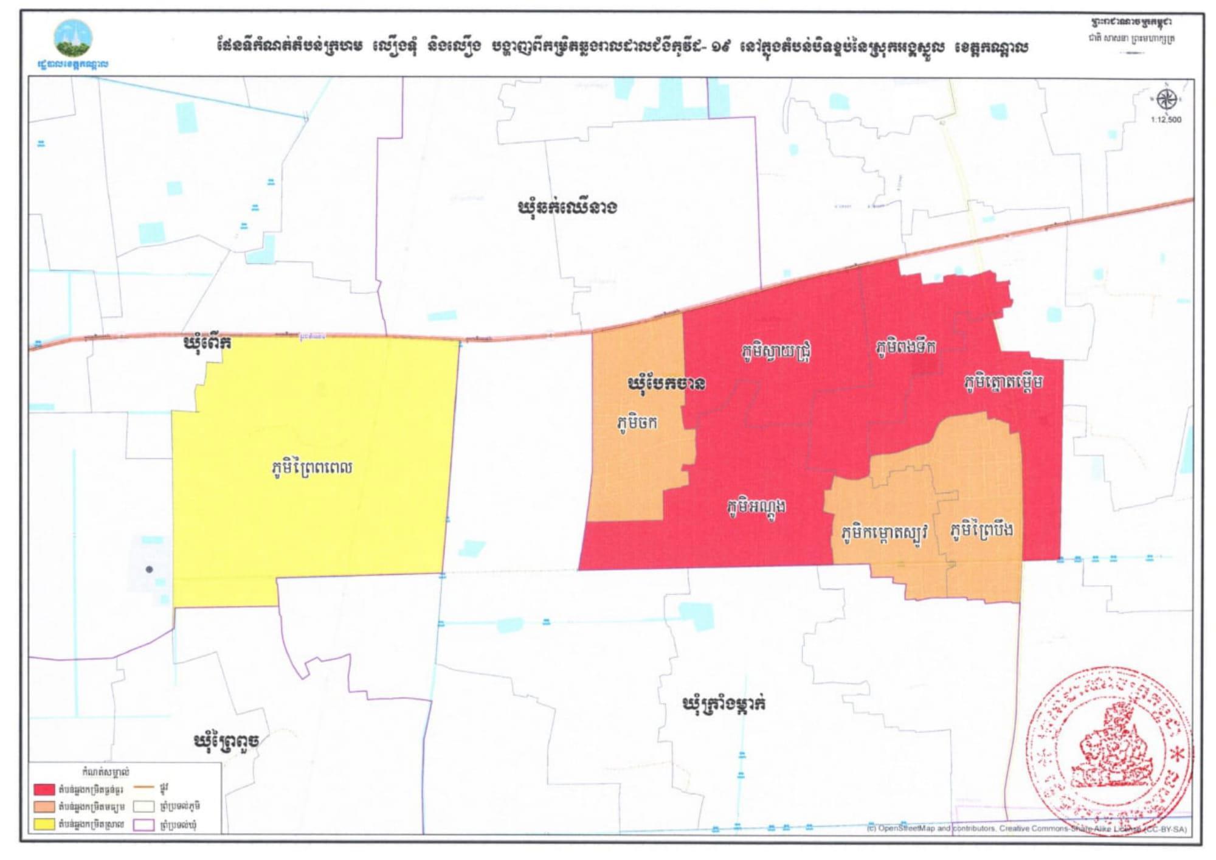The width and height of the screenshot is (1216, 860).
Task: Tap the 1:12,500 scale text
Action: click(1166, 120)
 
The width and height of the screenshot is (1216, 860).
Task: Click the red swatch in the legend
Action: click(44, 789)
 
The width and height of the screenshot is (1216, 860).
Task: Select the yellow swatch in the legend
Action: click(44, 825)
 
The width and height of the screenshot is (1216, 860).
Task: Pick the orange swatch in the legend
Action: click(44, 807)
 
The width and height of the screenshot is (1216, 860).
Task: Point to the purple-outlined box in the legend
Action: click(143, 825)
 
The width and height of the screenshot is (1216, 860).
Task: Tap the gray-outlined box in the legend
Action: click(143, 806)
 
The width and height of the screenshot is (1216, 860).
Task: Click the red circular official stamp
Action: click(1110, 752)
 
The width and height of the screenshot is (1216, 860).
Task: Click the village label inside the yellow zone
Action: click(312, 468)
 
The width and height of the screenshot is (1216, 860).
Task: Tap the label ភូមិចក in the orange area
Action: click(637, 423)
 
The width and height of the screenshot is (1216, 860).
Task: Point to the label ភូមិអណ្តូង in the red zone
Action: click(756, 506)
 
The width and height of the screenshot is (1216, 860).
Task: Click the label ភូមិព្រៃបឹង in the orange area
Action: click(981, 530)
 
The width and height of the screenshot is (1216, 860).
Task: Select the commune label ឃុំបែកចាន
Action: click(666, 384)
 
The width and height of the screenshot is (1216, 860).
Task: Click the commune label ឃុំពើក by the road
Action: click(207, 344)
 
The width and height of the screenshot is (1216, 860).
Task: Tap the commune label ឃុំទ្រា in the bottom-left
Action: click(226, 741)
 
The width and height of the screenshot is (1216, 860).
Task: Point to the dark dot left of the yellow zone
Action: click(150, 569)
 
